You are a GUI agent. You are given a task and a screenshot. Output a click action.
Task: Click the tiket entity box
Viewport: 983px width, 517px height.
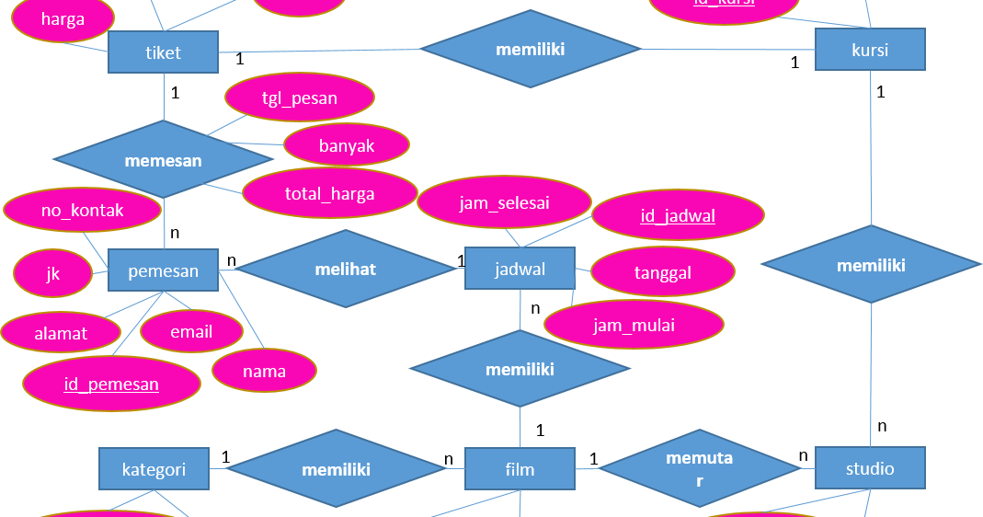163,52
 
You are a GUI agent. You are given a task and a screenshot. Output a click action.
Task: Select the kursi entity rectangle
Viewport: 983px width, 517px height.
869,50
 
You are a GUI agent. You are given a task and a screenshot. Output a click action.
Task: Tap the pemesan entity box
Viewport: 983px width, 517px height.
163,270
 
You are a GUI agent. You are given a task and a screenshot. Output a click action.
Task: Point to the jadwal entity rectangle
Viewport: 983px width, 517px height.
520,269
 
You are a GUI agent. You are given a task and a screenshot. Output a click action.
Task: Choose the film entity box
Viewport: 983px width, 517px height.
520,469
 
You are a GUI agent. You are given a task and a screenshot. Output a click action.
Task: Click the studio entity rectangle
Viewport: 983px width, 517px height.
869,468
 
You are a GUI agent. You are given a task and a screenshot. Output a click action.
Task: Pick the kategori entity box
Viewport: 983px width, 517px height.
154,469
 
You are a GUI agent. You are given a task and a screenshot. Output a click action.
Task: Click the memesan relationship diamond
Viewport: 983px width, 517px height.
163,159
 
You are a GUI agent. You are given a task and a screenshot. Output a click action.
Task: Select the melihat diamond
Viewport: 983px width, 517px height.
345,269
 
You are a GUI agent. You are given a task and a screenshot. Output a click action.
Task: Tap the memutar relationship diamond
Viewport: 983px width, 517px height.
699,468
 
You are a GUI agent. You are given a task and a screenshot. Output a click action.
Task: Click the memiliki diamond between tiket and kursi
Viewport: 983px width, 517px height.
530,49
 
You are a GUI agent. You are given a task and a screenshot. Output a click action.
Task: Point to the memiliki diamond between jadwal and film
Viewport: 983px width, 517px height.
520,369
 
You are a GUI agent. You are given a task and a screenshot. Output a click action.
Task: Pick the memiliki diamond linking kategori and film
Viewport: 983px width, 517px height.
336,469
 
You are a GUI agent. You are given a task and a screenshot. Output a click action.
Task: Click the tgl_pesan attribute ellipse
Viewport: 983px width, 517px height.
299,98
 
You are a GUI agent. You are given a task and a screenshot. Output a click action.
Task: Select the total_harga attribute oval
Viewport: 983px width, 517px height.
329,193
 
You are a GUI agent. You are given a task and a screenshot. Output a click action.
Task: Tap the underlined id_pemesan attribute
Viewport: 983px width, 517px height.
111,384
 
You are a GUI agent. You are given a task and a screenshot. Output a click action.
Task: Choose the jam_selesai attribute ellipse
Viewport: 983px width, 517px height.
504,202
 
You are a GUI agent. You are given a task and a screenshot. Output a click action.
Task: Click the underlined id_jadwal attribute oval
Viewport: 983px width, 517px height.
678,216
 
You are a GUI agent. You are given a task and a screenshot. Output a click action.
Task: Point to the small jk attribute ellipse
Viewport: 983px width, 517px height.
52,274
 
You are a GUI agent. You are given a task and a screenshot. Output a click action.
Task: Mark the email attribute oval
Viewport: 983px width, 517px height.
191,332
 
